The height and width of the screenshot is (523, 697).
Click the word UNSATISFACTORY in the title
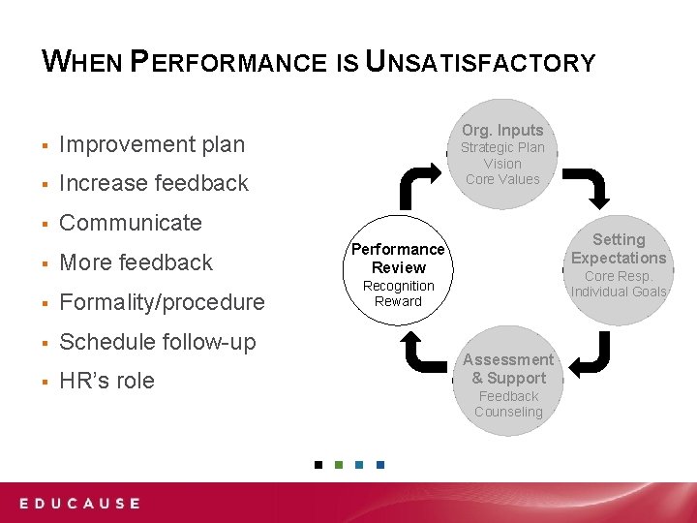pyautogui.click(x=480, y=63)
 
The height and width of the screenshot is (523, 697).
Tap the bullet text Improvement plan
pyautogui.click(x=152, y=144)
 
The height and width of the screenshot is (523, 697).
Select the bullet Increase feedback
pyautogui.click(x=154, y=183)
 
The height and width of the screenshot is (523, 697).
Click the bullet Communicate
pyautogui.click(x=131, y=223)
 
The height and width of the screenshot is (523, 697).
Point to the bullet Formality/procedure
pyautogui.click(x=162, y=302)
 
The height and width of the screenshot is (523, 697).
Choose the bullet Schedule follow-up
pyautogui.click(x=158, y=342)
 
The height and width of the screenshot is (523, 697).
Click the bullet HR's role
pyautogui.click(x=106, y=382)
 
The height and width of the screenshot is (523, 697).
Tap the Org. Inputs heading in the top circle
pyautogui.click(x=502, y=130)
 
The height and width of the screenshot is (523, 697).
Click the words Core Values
pyautogui.click(x=502, y=179)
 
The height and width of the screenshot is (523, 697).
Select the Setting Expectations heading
pyautogui.click(x=619, y=249)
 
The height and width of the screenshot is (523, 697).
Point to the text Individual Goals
pyautogui.click(x=619, y=292)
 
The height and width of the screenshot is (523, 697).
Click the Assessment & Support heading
pyautogui.click(x=508, y=369)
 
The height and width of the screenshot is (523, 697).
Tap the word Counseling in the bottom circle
pyautogui.click(x=508, y=412)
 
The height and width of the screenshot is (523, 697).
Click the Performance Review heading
pyautogui.click(x=399, y=259)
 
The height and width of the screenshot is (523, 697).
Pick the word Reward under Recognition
pyautogui.click(x=399, y=301)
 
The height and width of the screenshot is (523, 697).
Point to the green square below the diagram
pyautogui.click(x=339, y=465)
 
